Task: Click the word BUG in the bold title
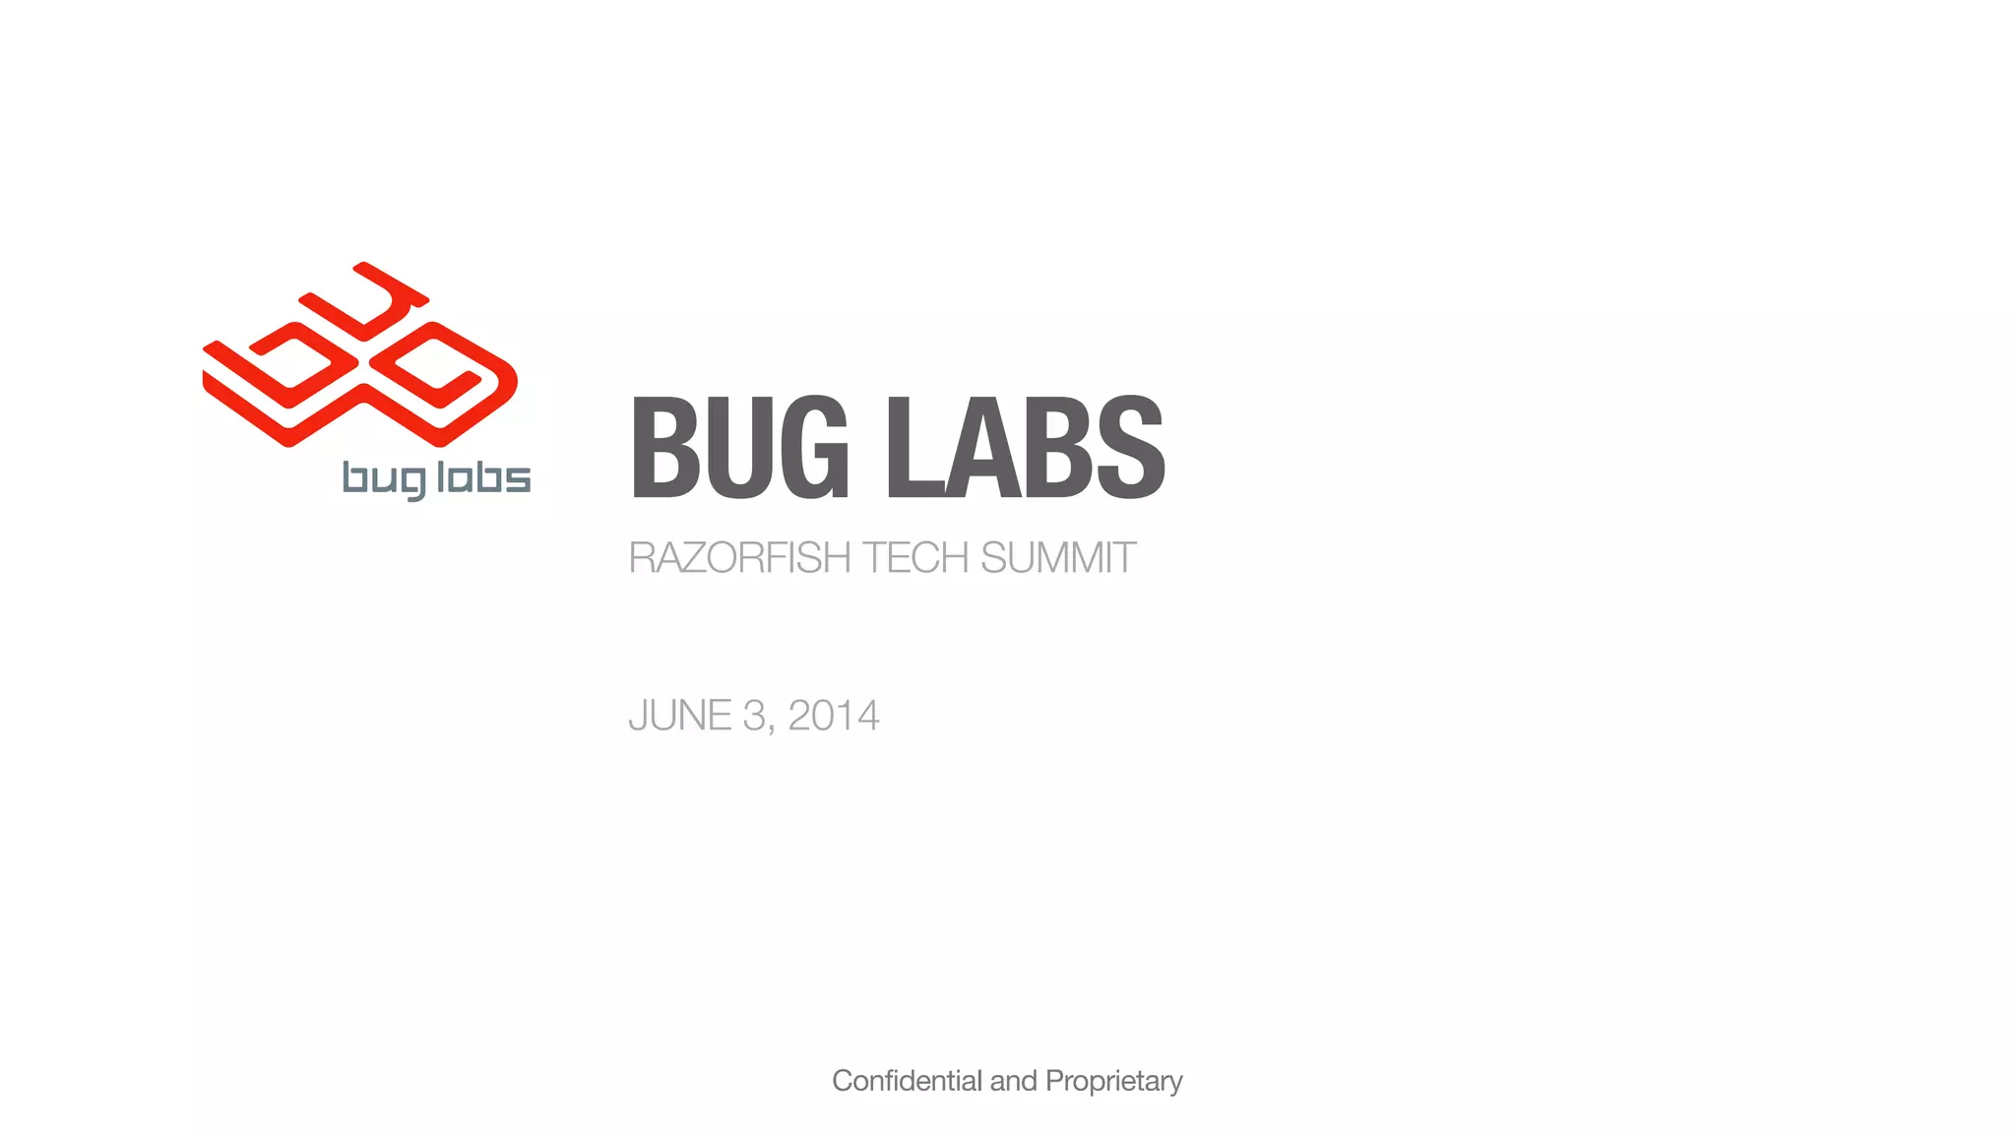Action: [x=738, y=448]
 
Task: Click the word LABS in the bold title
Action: [x=1025, y=448]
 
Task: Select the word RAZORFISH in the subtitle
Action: [x=739, y=558]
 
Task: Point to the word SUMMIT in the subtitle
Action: [x=1058, y=558]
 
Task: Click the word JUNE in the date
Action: [x=679, y=716]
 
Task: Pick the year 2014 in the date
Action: [x=834, y=716]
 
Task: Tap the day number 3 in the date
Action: [x=754, y=716]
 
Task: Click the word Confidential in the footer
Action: [x=907, y=1081]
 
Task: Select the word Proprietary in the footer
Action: [x=1113, y=1082]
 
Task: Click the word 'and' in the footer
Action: [x=1013, y=1081]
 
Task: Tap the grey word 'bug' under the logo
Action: [x=384, y=479]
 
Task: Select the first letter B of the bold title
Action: [x=664, y=448]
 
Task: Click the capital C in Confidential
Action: [x=843, y=1081]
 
